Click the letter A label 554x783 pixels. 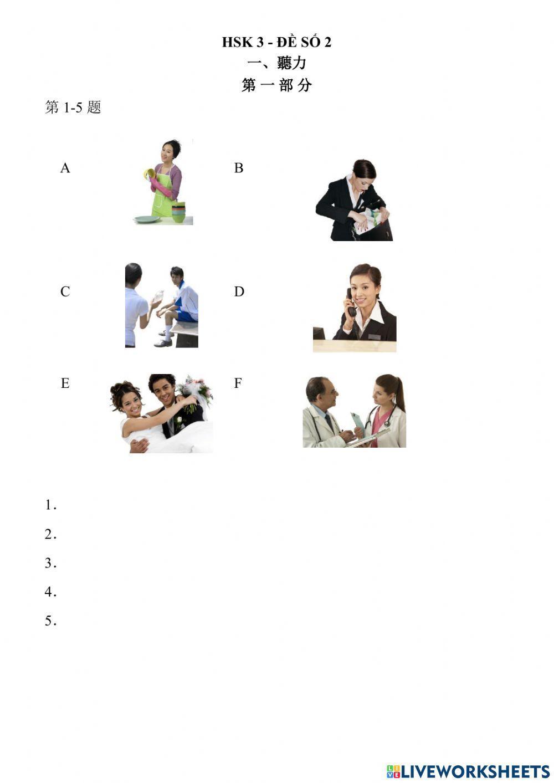pos(65,168)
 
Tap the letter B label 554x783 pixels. pos(239,168)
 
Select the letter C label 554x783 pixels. pos(65,291)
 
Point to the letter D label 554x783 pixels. pos(239,291)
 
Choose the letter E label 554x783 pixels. pos(65,383)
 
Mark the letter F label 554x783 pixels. pos(238,383)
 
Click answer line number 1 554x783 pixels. pos(51,505)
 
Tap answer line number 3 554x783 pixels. pos(51,563)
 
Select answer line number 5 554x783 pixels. pos(51,621)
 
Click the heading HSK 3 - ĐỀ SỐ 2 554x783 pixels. pos(276,42)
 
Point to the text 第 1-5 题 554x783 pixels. pos(73,108)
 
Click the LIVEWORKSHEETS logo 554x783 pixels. pos(468,771)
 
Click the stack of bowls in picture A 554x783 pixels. pos(178,213)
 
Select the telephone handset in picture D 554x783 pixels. pos(351,303)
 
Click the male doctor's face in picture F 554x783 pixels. pos(324,393)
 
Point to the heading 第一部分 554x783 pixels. pos(276,85)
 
